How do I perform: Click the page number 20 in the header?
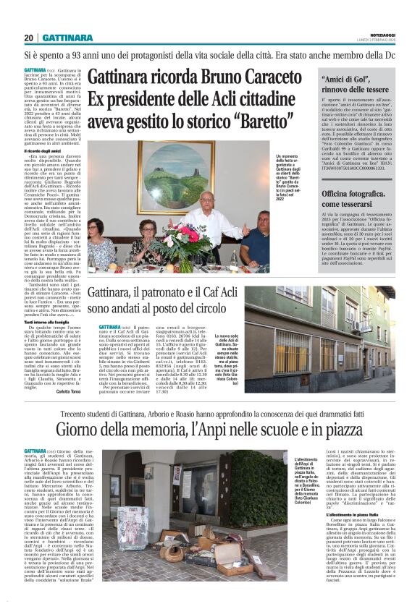coord(28,38)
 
